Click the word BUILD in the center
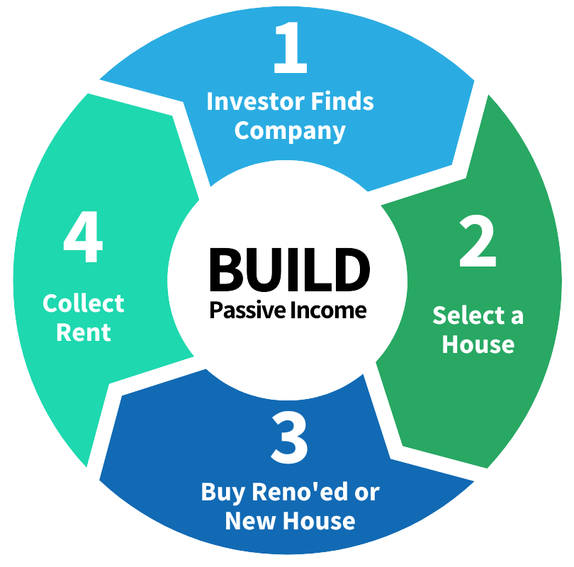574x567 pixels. (289, 269)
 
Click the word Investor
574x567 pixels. (247, 101)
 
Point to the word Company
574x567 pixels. (290, 132)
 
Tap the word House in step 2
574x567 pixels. (478, 344)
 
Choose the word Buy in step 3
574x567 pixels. (218, 493)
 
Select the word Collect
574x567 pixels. (83, 303)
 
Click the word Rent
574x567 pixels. (84, 332)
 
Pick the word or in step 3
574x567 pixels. (367, 493)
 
